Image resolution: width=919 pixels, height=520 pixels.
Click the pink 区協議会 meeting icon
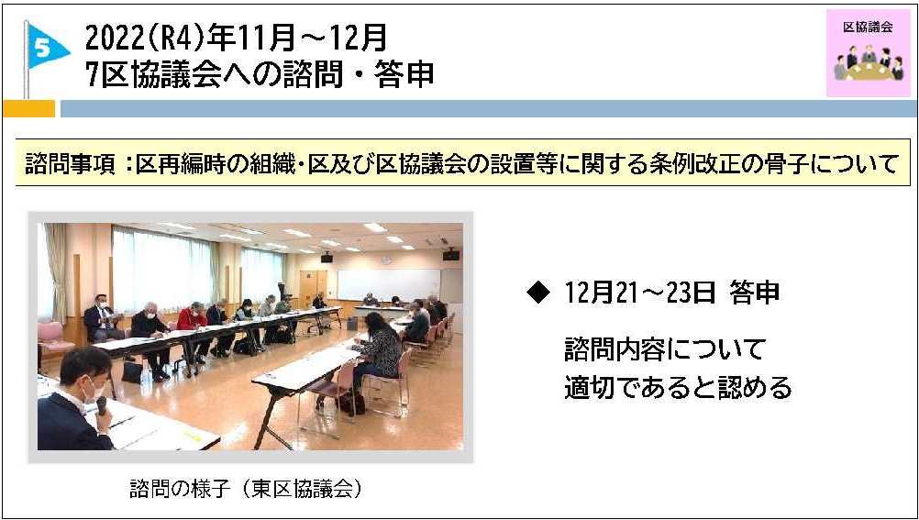point(868,53)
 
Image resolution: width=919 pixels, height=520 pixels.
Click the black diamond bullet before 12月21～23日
point(538,293)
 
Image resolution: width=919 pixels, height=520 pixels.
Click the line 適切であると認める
point(678,388)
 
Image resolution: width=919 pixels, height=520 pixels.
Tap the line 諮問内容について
point(665,350)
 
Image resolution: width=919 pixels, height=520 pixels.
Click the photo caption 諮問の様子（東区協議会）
point(246,489)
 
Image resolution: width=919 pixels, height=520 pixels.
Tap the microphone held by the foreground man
point(102,404)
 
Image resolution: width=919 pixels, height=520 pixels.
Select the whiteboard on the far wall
point(389,285)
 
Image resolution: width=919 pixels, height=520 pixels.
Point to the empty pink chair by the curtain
point(54,338)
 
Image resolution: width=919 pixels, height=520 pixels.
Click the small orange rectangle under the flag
point(28,108)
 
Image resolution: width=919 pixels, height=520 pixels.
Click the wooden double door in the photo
point(314,287)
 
